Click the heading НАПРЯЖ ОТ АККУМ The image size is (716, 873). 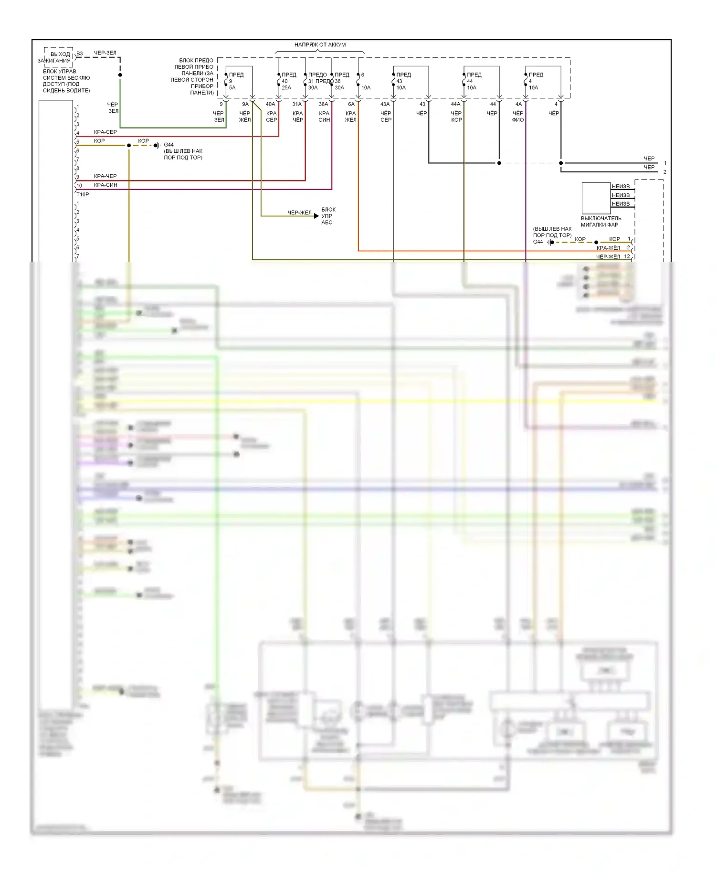[320, 45]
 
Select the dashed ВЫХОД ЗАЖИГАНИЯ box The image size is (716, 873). [59, 57]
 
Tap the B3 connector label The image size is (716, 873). [80, 54]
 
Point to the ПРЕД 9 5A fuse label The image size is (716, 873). [235, 81]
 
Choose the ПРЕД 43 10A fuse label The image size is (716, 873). [403, 81]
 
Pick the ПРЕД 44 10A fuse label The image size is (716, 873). [474, 81]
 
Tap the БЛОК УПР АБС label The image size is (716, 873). [328, 216]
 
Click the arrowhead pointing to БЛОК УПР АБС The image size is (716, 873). [316, 216]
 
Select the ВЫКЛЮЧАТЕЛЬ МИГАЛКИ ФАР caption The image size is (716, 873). [600, 222]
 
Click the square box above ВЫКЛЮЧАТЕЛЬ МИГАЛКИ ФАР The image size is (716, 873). [596, 198]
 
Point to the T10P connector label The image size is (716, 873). [83, 195]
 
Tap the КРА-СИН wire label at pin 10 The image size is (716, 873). [105, 185]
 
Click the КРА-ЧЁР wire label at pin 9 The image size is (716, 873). [105, 176]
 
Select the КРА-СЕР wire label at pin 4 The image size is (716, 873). [105, 132]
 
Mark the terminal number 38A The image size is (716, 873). [323, 104]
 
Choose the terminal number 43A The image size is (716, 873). [385, 104]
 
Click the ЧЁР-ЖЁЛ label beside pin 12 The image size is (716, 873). [608, 257]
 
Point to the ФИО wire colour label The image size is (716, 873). [518, 120]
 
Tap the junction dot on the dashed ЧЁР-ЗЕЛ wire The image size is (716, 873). [120, 75]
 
